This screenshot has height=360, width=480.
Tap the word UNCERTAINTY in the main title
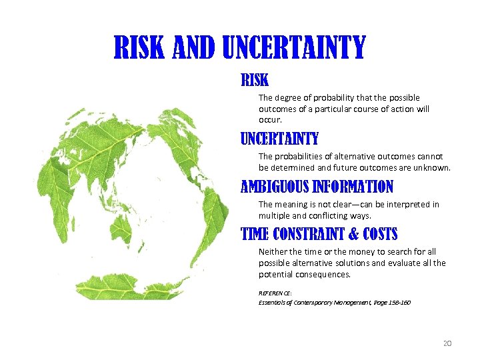coord(293,47)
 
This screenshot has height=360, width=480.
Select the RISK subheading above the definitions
coord(255,81)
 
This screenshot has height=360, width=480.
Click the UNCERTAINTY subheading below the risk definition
coord(279,139)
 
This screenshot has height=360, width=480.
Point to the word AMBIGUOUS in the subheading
coord(273,187)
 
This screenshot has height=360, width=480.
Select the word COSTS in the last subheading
coord(381,234)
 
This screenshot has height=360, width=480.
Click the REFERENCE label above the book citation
coord(275,293)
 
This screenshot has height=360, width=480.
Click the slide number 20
coord(447,343)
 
